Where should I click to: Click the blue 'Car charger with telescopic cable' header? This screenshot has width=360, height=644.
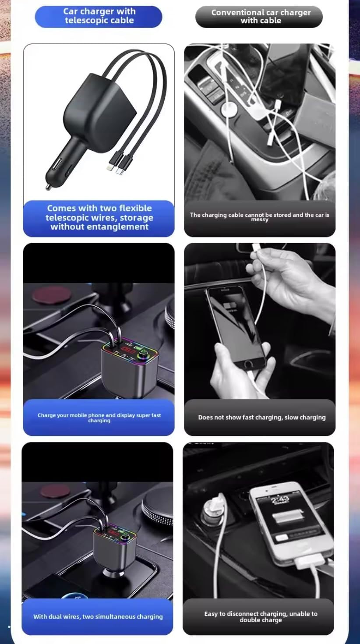coord(99,16)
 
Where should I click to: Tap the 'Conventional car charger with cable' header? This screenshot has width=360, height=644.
coord(259,17)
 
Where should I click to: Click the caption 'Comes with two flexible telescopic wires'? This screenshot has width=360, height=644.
coord(99,217)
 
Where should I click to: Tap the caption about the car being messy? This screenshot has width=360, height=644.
coord(259,217)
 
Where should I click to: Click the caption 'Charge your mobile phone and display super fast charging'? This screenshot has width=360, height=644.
coord(99,418)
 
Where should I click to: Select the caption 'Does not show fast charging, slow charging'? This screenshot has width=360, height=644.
coord(261,418)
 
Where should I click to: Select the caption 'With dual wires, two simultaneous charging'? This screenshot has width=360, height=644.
coord(98,616)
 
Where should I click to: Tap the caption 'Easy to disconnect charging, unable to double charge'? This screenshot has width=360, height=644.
coord(261,616)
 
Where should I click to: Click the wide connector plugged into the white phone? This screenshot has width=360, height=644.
coord(310,562)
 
